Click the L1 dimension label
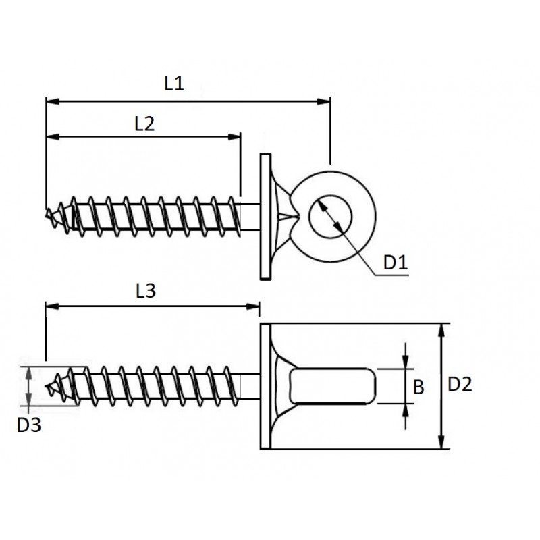click(174, 84)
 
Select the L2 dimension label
click(144, 124)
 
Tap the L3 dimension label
click(146, 291)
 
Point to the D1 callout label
click(396, 263)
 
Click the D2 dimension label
click(460, 384)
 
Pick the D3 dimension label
click(29, 425)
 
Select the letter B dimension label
click(418, 387)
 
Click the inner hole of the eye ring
click(330, 217)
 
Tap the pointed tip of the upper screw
click(47, 215)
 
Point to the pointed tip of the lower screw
click(47, 386)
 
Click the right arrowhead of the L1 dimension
click(324, 101)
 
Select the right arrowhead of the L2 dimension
click(234, 137)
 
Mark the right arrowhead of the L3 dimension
click(253, 306)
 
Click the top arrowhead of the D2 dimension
click(441, 330)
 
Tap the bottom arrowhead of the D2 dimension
click(441, 442)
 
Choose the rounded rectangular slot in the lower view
click(333, 385)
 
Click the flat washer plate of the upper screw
click(265, 217)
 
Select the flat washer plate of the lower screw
click(265, 386)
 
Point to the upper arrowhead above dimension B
click(406, 362)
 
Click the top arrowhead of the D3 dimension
click(29, 374)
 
